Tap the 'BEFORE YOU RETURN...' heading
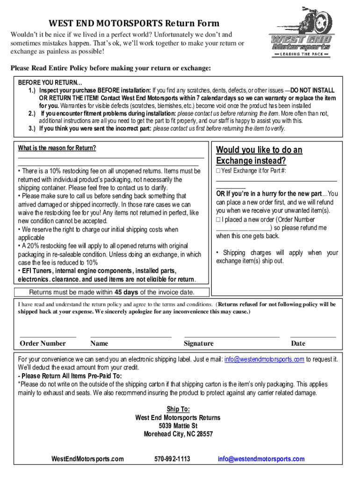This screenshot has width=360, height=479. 46,82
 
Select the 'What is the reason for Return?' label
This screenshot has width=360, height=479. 57,148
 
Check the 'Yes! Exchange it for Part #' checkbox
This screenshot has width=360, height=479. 218,171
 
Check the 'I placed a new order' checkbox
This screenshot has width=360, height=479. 218,219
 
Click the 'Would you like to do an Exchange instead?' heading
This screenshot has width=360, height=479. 259,155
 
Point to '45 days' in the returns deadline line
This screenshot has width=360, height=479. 126,292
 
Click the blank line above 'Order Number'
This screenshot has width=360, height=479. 48,336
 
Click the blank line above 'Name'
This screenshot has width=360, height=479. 130,336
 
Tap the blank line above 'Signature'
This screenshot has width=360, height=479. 231,336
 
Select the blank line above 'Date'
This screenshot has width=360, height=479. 313,336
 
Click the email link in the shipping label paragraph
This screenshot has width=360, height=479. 265,359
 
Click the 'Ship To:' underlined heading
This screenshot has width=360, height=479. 178,409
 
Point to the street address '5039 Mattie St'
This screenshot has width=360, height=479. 178,426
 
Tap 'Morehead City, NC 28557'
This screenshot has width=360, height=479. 178,434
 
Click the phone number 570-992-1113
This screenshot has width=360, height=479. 172,459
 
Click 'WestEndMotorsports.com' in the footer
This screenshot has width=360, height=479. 87,459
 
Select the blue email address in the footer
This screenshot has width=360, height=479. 261,459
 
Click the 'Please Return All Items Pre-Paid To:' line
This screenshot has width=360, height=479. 70,376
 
